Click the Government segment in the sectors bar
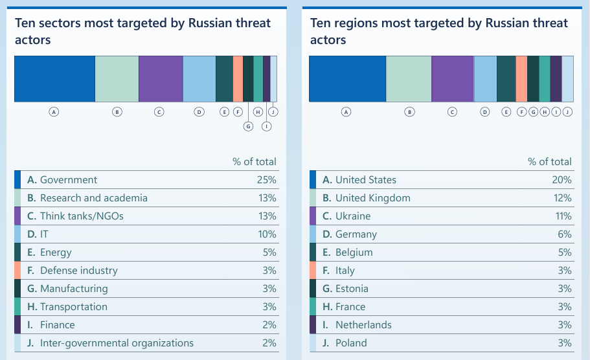[x=54, y=79]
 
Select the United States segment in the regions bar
[x=348, y=79]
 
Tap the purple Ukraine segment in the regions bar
[x=453, y=79]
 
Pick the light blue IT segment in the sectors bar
[x=199, y=79]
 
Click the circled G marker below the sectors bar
[x=248, y=126]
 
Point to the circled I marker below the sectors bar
[x=266, y=126]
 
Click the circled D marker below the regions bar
[x=485, y=112]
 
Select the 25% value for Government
[x=266, y=180]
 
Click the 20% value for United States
[x=562, y=180]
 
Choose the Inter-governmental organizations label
[x=117, y=343]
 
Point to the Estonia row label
[x=352, y=289]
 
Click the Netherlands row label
[x=363, y=325]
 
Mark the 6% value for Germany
[x=564, y=234]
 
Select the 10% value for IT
[x=266, y=234]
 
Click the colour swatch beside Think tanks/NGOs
[x=17, y=216]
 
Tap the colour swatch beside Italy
[x=313, y=271]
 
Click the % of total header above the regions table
[x=550, y=162]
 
